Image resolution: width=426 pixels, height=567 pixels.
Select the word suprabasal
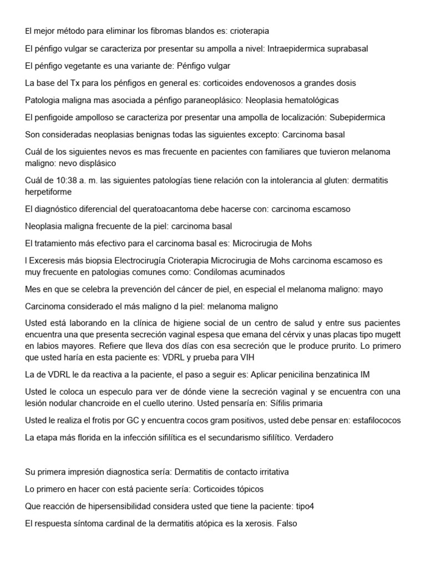click(343, 48)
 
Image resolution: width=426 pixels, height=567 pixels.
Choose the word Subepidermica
click(357, 117)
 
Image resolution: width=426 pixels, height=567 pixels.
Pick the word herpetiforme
click(48, 192)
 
